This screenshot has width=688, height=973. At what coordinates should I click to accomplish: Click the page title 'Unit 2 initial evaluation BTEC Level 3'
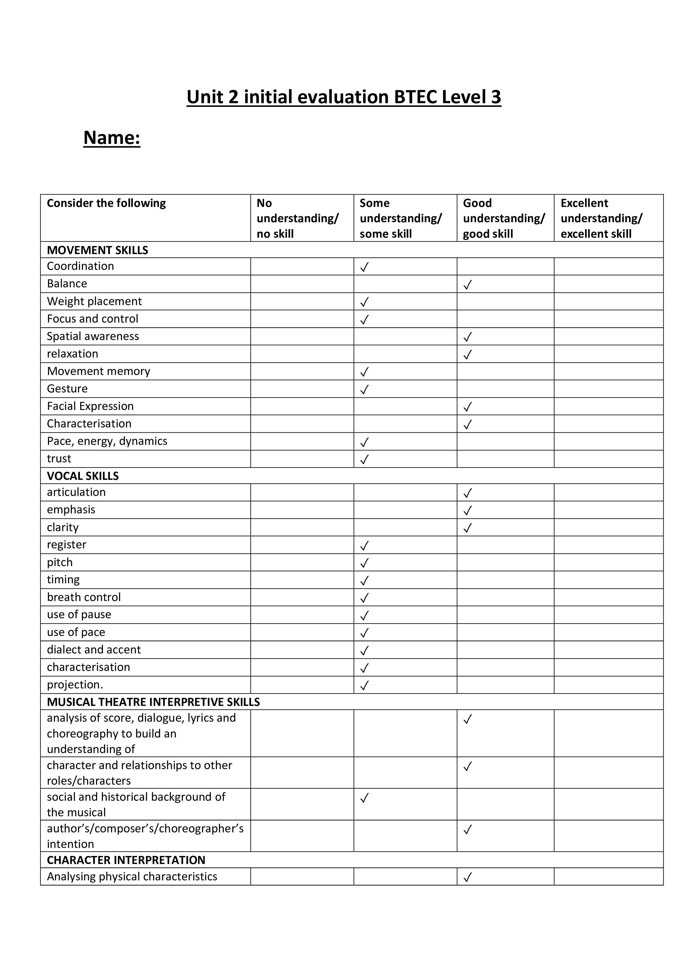pyautogui.click(x=344, y=97)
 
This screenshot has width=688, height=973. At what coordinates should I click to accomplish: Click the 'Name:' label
pyautogui.click(x=112, y=138)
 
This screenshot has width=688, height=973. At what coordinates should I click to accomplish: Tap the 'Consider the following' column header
pyautogui.click(x=106, y=203)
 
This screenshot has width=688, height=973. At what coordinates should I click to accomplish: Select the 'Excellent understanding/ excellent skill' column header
pyautogui.click(x=601, y=218)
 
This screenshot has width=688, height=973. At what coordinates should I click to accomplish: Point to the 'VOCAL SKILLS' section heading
pyautogui.click(x=83, y=476)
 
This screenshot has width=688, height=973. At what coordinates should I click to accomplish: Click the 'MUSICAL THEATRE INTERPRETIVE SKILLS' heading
pyautogui.click(x=153, y=702)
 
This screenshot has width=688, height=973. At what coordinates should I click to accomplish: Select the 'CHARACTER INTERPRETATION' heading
pyautogui.click(x=126, y=860)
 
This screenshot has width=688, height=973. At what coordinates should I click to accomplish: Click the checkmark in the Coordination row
pyautogui.click(x=364, y=267)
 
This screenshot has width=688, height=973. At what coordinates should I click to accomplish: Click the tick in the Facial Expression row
pyautogui.click(x=467, y=407)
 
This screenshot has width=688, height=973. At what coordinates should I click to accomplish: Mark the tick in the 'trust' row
pyautogui.click(x=364, y=459)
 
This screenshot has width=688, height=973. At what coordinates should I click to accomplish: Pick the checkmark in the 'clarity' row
pyautogui.click(x=467, y=528)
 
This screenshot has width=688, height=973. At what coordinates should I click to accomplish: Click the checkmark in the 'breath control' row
pyautogui.click(x=364, y=598)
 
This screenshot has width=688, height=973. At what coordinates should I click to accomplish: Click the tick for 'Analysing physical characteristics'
pyautogui.click(x=467, y=878)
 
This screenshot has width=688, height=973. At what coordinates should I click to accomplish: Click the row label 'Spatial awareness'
pyautogui.click(x=93, y=336)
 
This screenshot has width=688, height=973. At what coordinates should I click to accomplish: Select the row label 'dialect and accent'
pyautogui.click(x=94, y=650)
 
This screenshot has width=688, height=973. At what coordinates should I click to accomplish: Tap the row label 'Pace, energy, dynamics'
pyautogui.click(x=107, y=441)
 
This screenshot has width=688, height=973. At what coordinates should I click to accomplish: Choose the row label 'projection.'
pyautogui.click(x=75, y=685)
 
